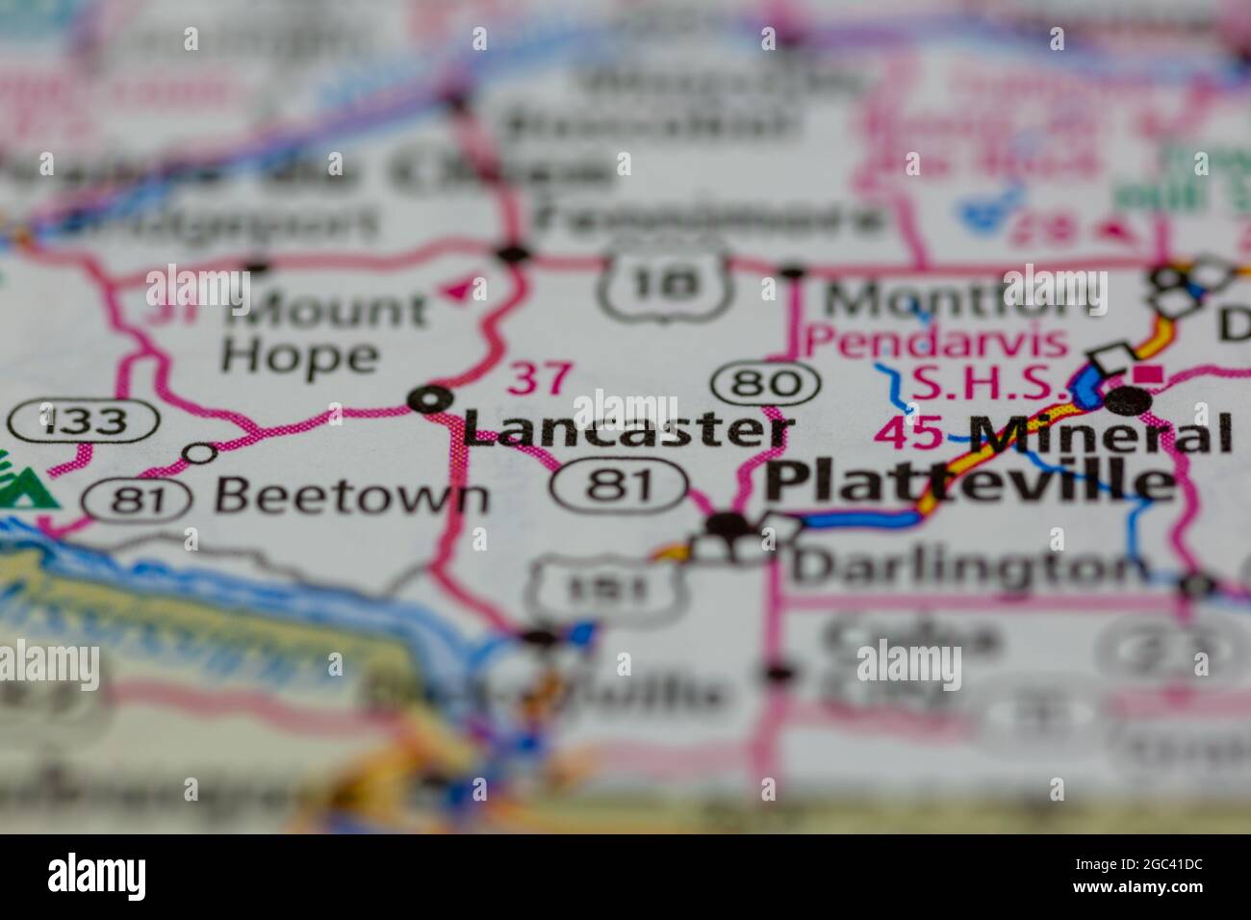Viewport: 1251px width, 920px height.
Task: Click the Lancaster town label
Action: [x=627, y=429]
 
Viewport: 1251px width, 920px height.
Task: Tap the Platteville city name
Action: [x=970, y=481]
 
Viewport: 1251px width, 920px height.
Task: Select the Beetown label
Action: [x=351, y=497]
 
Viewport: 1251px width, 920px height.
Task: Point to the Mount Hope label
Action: [x=323, y=333]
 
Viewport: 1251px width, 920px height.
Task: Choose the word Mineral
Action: [x=1101, y=434]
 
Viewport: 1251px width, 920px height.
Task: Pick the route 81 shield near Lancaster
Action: [x=620, y=483]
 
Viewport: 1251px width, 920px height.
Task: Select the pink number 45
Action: [x=909, y=434]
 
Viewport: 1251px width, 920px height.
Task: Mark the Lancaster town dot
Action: [x=430, y=398]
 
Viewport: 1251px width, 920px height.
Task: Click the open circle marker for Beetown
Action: [x=200, y=452]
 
